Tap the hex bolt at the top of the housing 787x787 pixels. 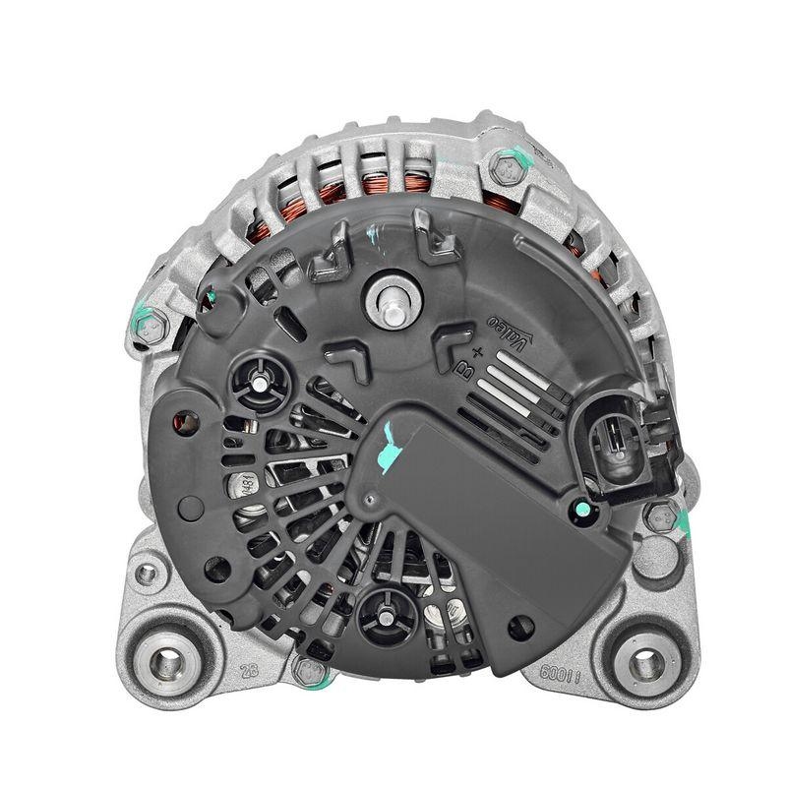coord(506,171)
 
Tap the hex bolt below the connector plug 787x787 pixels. coord(660,515)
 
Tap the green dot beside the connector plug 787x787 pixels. coord(581,509)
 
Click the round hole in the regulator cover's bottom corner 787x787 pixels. coord(521,625)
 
